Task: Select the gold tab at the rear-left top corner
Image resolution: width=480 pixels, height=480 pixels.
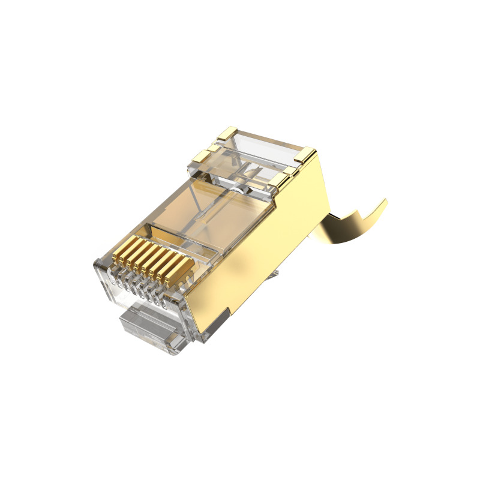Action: click(229, 133)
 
